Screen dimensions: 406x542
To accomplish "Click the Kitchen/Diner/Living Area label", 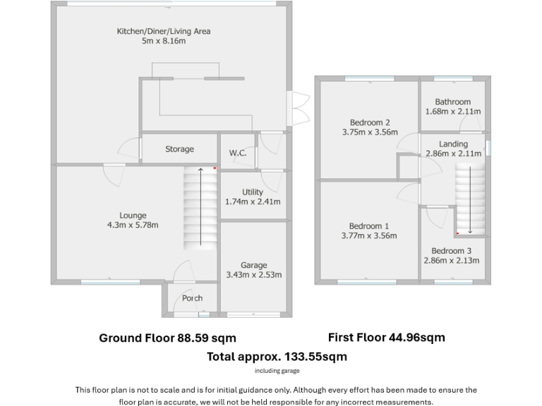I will click(x=163, y=31).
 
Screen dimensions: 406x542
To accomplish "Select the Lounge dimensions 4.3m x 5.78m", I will click(x=133, y=226).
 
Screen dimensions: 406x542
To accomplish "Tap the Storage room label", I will click(x=179, y=149).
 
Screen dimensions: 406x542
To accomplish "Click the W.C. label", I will click(x=237, y=153).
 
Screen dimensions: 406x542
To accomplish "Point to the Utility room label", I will click(x=252, y=192).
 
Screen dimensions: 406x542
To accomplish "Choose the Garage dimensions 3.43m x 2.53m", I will click(x=253, y=275).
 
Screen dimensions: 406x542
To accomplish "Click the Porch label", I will click(x=192, y=298).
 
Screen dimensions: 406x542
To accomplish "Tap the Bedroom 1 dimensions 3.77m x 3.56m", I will click(x=369, y=236).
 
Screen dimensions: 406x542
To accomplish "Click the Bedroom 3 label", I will click(x=451, y=251).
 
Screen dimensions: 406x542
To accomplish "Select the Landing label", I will click(x=452, y=144).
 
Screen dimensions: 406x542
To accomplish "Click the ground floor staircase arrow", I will click(x=200, y=207).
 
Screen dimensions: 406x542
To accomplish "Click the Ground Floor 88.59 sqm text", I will click(x=167, y=338).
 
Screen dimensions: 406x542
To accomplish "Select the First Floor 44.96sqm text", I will click(x=386, y=338).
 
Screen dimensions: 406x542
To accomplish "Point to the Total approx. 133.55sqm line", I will click(x=277, y=357).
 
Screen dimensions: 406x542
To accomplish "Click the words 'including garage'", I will click(x=277, y=371).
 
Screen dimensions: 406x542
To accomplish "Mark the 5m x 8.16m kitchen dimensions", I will click(x=163, y=42).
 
